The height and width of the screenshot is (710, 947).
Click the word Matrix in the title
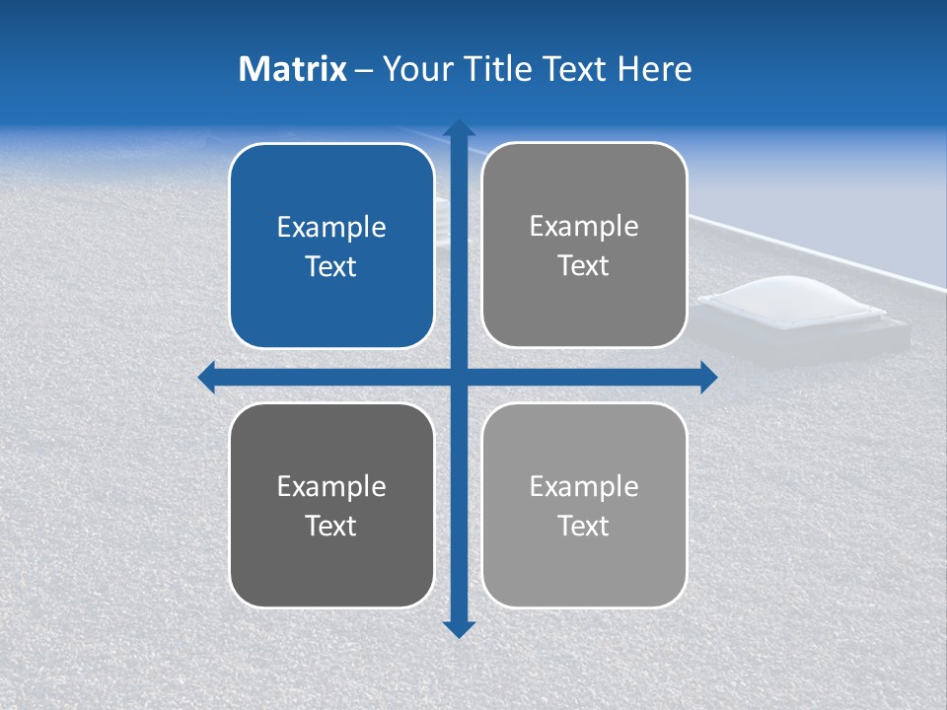(x=293, y=69)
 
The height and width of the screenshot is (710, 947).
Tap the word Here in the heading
(x=655, y=69)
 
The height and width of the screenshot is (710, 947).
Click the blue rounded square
(x=331, y=246)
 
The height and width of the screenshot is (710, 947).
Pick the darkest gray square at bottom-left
(x=331, y=505)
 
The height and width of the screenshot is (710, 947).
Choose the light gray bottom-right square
(x=584, y=505)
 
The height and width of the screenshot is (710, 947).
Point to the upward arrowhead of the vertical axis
(x=459, y=128)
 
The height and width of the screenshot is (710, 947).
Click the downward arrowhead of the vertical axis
(x=459, y=628)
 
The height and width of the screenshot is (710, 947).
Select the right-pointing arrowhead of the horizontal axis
(x=707, y=377)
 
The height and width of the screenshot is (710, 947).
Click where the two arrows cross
(x=459, y=377)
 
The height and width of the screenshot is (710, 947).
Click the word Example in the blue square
(x=331, y=228)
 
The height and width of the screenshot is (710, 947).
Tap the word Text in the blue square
(x=330, y=267)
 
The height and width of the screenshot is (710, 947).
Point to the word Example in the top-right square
(x=584, y=227)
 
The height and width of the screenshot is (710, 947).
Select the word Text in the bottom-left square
(x=330, y=527)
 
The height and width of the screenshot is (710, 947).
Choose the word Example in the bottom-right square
(x=584, y=486)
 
